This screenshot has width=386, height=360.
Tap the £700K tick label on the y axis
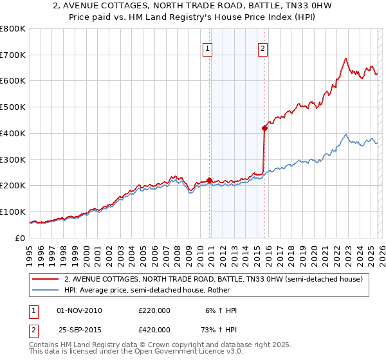(x=13, y=55)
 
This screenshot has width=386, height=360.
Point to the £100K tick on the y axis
(x=13, y=212)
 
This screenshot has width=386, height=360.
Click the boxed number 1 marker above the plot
(x=208, y=47)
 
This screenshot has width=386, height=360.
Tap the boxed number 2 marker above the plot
(x=264, y=47)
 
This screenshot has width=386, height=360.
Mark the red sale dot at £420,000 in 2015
(x=264, y=128)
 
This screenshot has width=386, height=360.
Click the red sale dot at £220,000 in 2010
(x=209, y=181)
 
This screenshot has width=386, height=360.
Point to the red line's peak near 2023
(x=345, y=59)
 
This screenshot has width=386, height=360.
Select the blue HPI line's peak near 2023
(x=346, y=135)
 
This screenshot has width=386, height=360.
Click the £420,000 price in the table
(x=154, y=330)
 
